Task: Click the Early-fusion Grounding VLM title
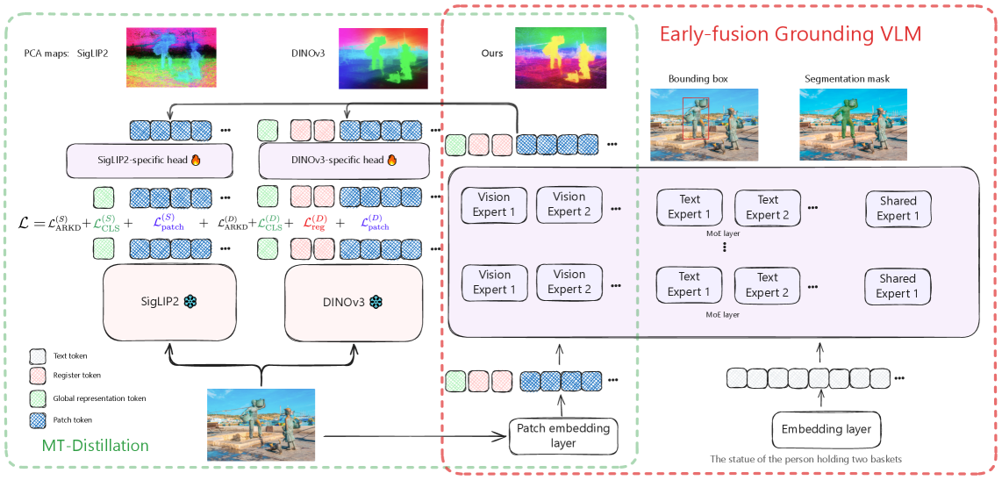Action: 790,34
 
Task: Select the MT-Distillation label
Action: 95,445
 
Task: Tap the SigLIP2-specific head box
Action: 148,160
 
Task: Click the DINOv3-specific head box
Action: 344,160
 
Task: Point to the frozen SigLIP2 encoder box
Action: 170,301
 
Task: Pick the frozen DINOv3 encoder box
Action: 354,301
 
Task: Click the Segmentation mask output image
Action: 847,125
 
